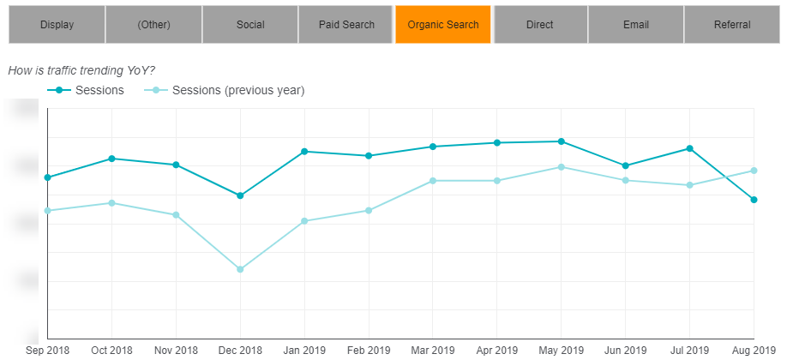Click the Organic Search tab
[x=443, y=24]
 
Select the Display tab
[x=57, y=24]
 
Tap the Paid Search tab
[x=346, y=24]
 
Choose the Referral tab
[x=731, y=24]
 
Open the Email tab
[x=635, y=24]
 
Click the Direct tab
[x=539, y=24]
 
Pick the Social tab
[x=250, y=24]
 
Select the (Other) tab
[x=153, y=24]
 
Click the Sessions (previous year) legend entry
[x=238, y=90]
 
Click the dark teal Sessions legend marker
[x=58, y=90]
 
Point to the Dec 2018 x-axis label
[x=240, y=351]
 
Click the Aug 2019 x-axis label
[x=753, y=351]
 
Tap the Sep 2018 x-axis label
[x=48, y=351]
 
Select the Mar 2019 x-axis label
[x=432, y=351]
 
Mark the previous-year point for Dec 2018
[x=240, y=269]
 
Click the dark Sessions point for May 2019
[x=561, y=141]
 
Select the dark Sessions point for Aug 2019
[x=754, y=200]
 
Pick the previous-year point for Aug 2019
[x=754, y=170]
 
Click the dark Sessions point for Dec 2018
[x=240, y=195]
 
